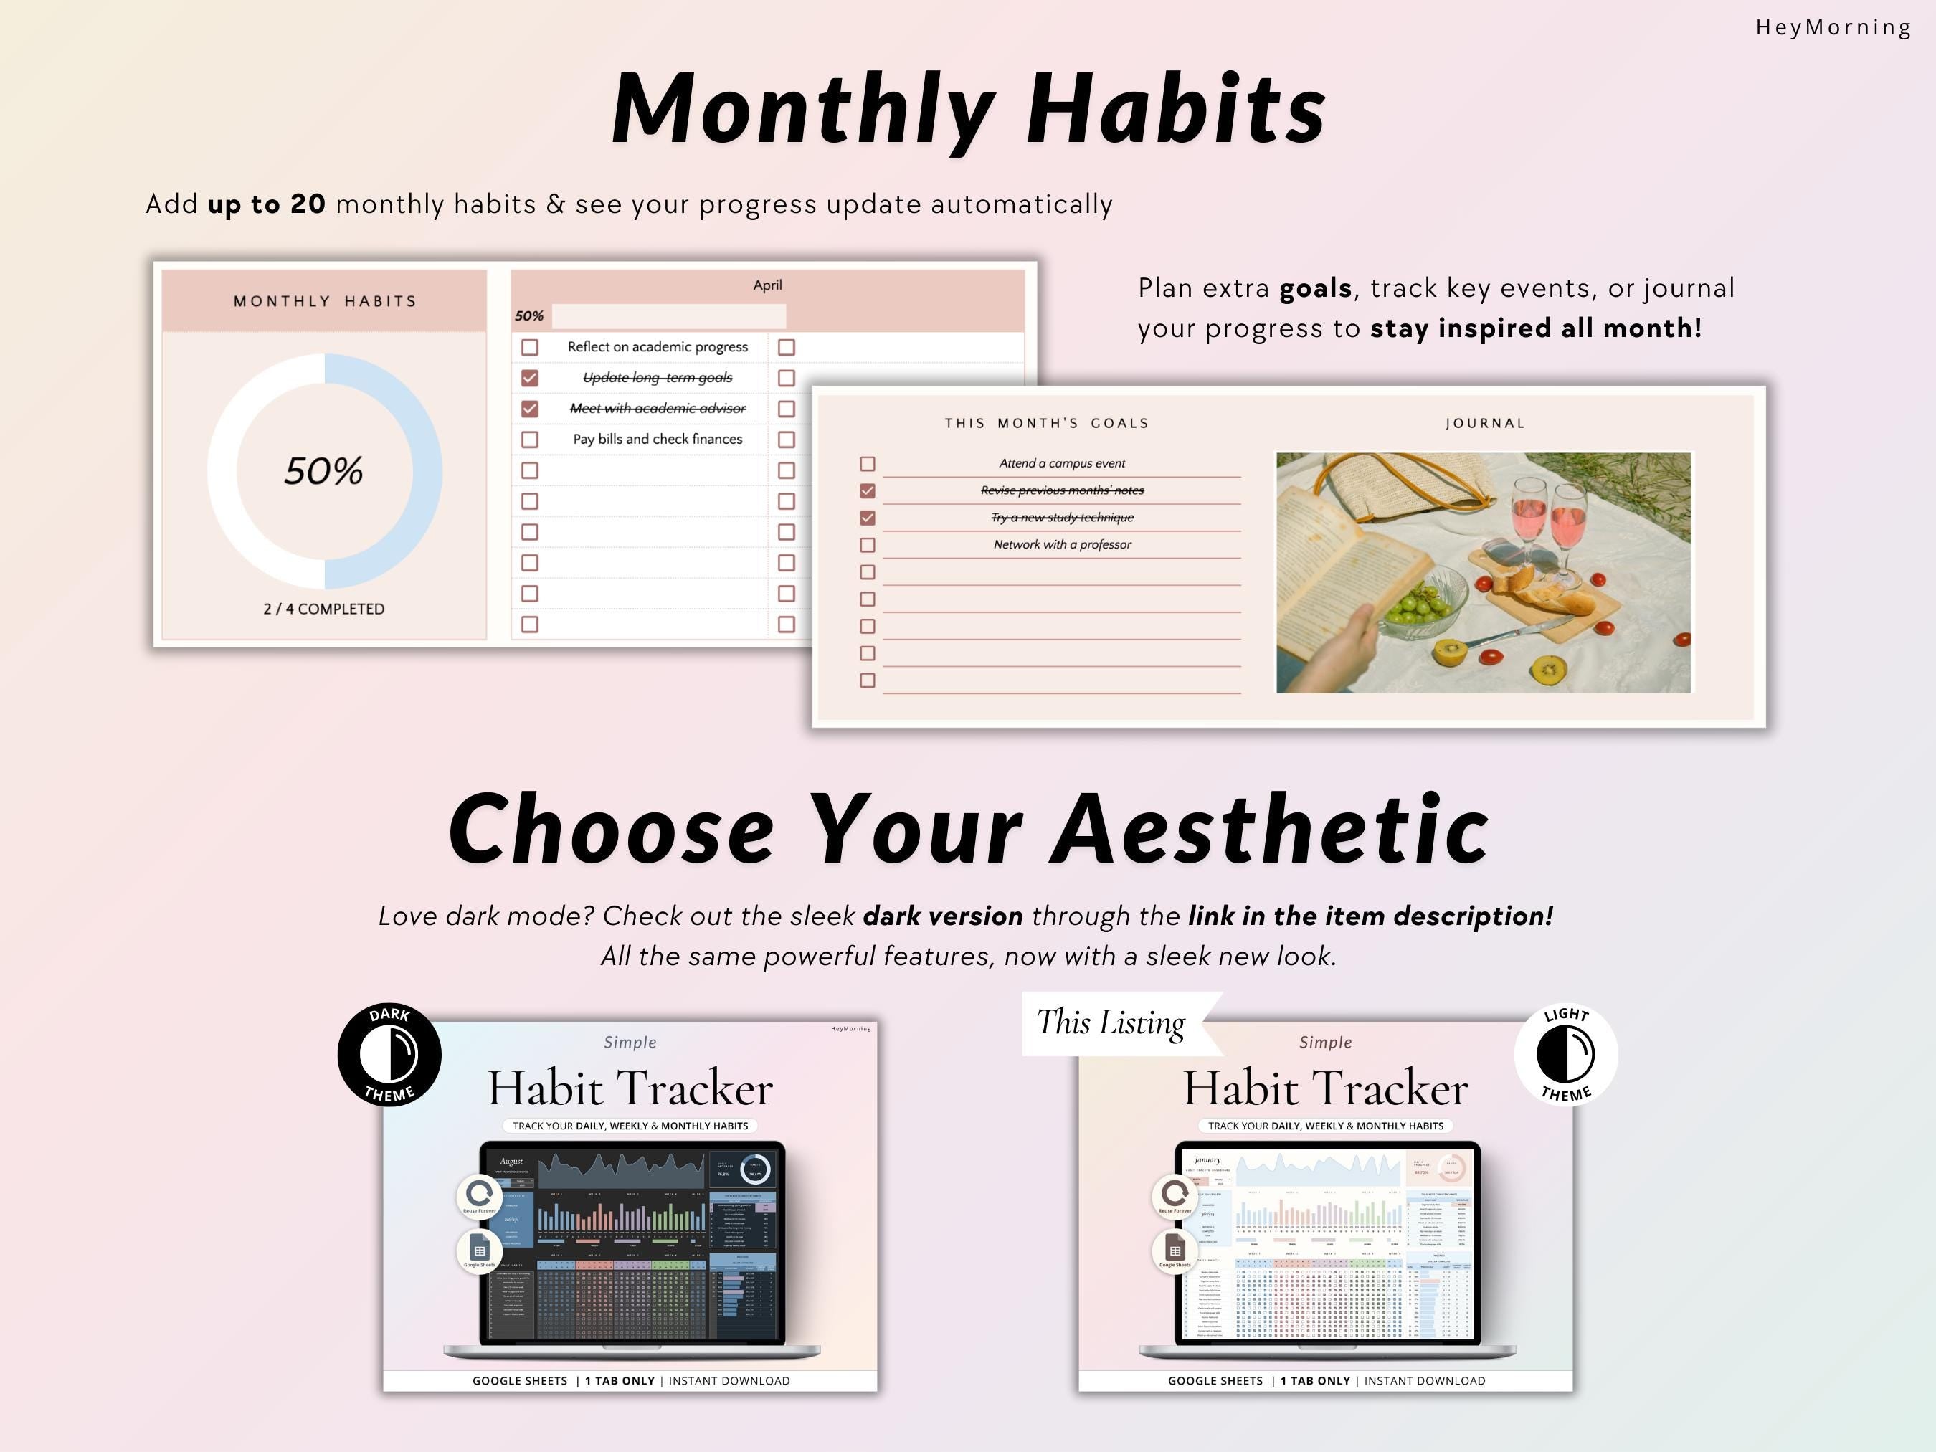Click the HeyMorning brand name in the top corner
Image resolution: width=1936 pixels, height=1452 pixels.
(x=1833, y=27)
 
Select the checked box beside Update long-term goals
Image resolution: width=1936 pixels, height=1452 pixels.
(x=529, y=378)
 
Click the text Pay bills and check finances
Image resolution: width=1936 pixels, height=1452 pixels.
(x=658, y=440)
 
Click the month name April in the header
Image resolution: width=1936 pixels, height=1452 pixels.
(x=767, y=285)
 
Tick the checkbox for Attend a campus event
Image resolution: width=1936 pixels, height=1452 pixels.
(x=868, y=464)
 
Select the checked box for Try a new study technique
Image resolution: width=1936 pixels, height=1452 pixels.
(x=868, y=518)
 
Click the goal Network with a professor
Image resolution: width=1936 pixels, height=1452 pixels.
(x=1062, y=544)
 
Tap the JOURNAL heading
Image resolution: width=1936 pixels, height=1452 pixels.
(x=1485, y=424)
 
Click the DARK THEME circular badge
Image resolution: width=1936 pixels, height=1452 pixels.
(x=389, y=1055)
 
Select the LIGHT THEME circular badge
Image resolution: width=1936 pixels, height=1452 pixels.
(x=1566, y=1055)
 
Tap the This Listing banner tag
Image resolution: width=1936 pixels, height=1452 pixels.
(x=1111, y=1023)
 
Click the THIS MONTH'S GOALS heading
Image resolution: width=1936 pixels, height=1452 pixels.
(x=1047, y=424)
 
